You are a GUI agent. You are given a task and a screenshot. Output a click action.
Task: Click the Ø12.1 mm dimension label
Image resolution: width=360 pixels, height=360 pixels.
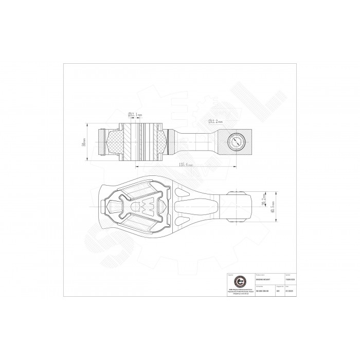(135, 115)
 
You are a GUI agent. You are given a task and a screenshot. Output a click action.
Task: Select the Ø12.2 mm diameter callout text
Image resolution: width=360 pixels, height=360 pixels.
(215, 121)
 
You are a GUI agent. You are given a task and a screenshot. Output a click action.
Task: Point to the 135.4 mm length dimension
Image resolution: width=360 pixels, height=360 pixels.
(186, 165)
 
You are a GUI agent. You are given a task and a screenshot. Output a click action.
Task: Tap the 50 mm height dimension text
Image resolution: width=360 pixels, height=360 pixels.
(84, 142)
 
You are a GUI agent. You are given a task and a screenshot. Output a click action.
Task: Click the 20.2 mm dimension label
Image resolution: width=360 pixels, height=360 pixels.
(263, 200)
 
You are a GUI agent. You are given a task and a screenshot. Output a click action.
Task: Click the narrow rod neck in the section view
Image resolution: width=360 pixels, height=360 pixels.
(197, 141)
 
